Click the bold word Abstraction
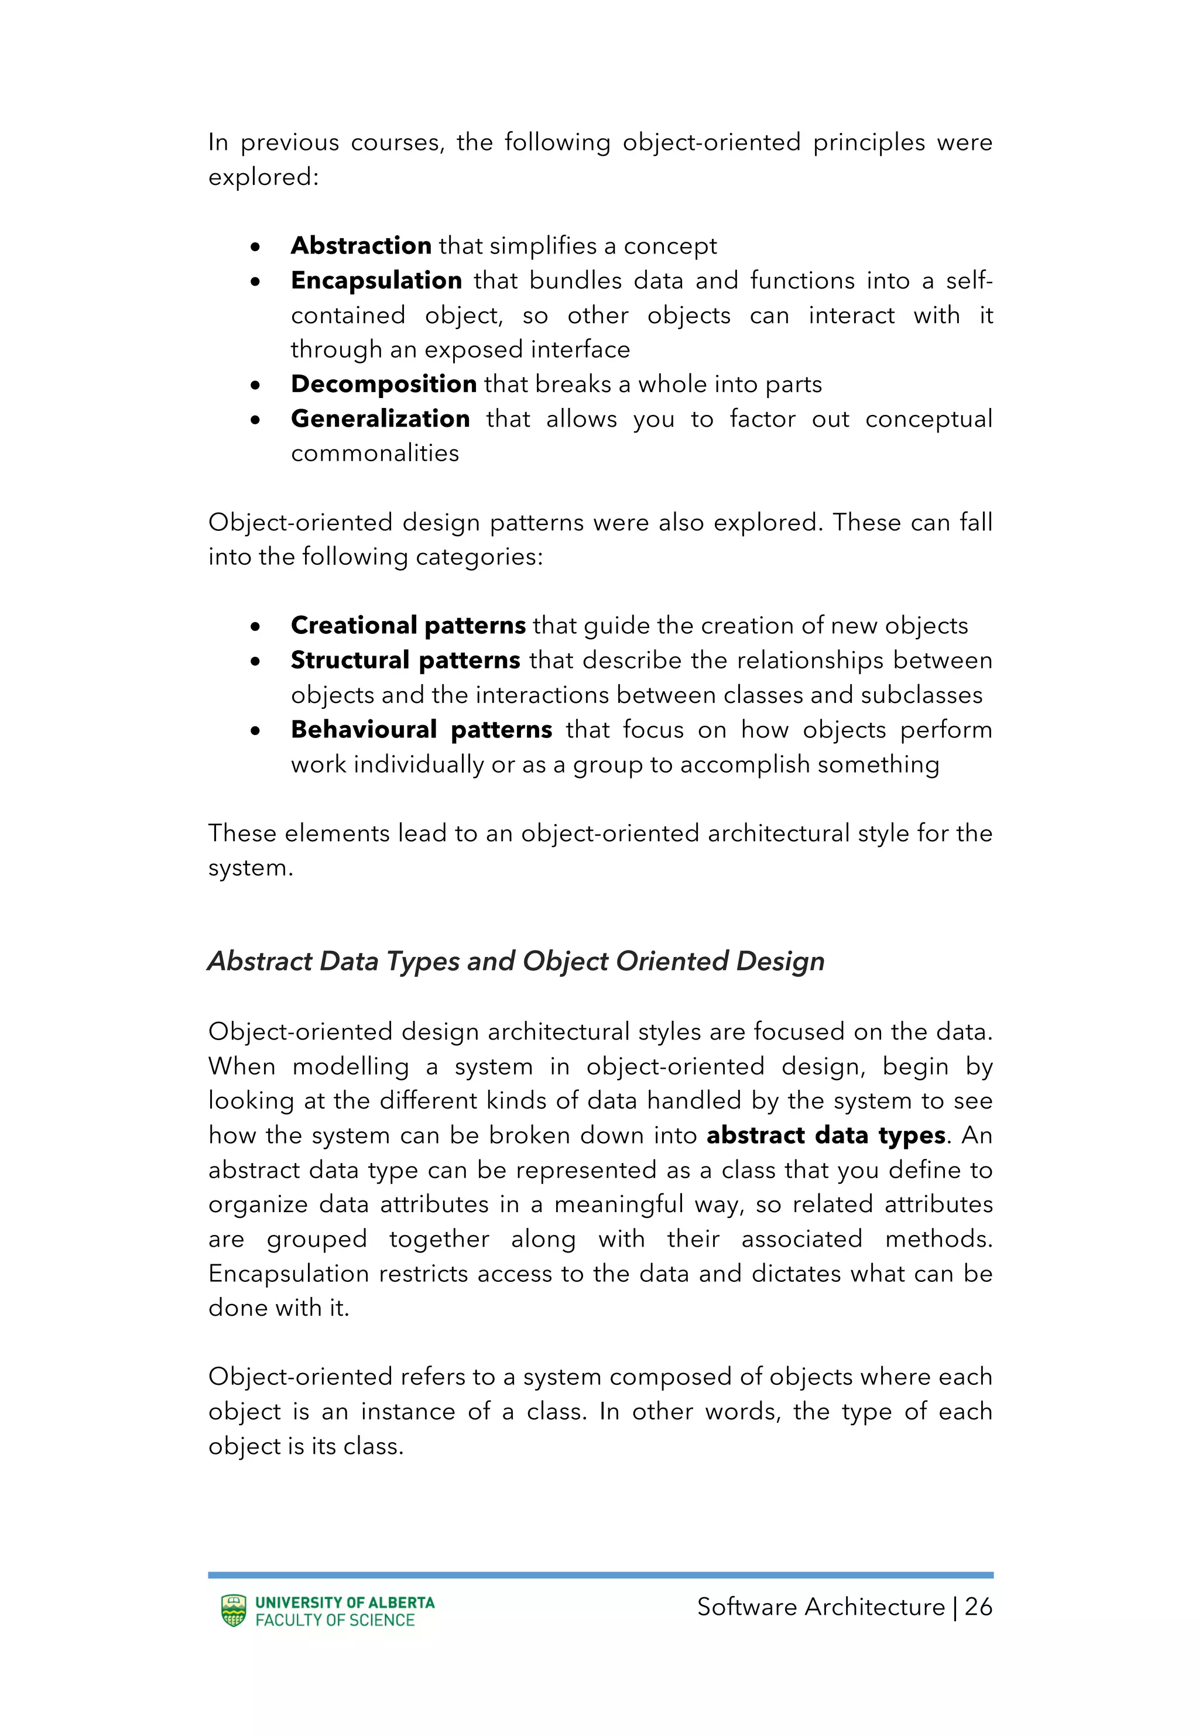click(361, 245)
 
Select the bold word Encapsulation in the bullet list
click(376, 280)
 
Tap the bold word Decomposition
click(383, 384)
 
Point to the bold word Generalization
click(380, 418)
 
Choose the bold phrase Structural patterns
click(405, 660)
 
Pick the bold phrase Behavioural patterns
click(422, 729)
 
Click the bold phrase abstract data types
click(825, 1134)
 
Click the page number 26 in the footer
click(978, 1607)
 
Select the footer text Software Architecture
click(820, 1607)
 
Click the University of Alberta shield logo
click(234, 1611)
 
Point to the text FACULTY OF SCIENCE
click(335, 1620)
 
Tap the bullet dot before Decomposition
click(255, 386)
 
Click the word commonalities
click(375, 453)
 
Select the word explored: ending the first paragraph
click(263, 177)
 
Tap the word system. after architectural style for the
click(250, 868)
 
